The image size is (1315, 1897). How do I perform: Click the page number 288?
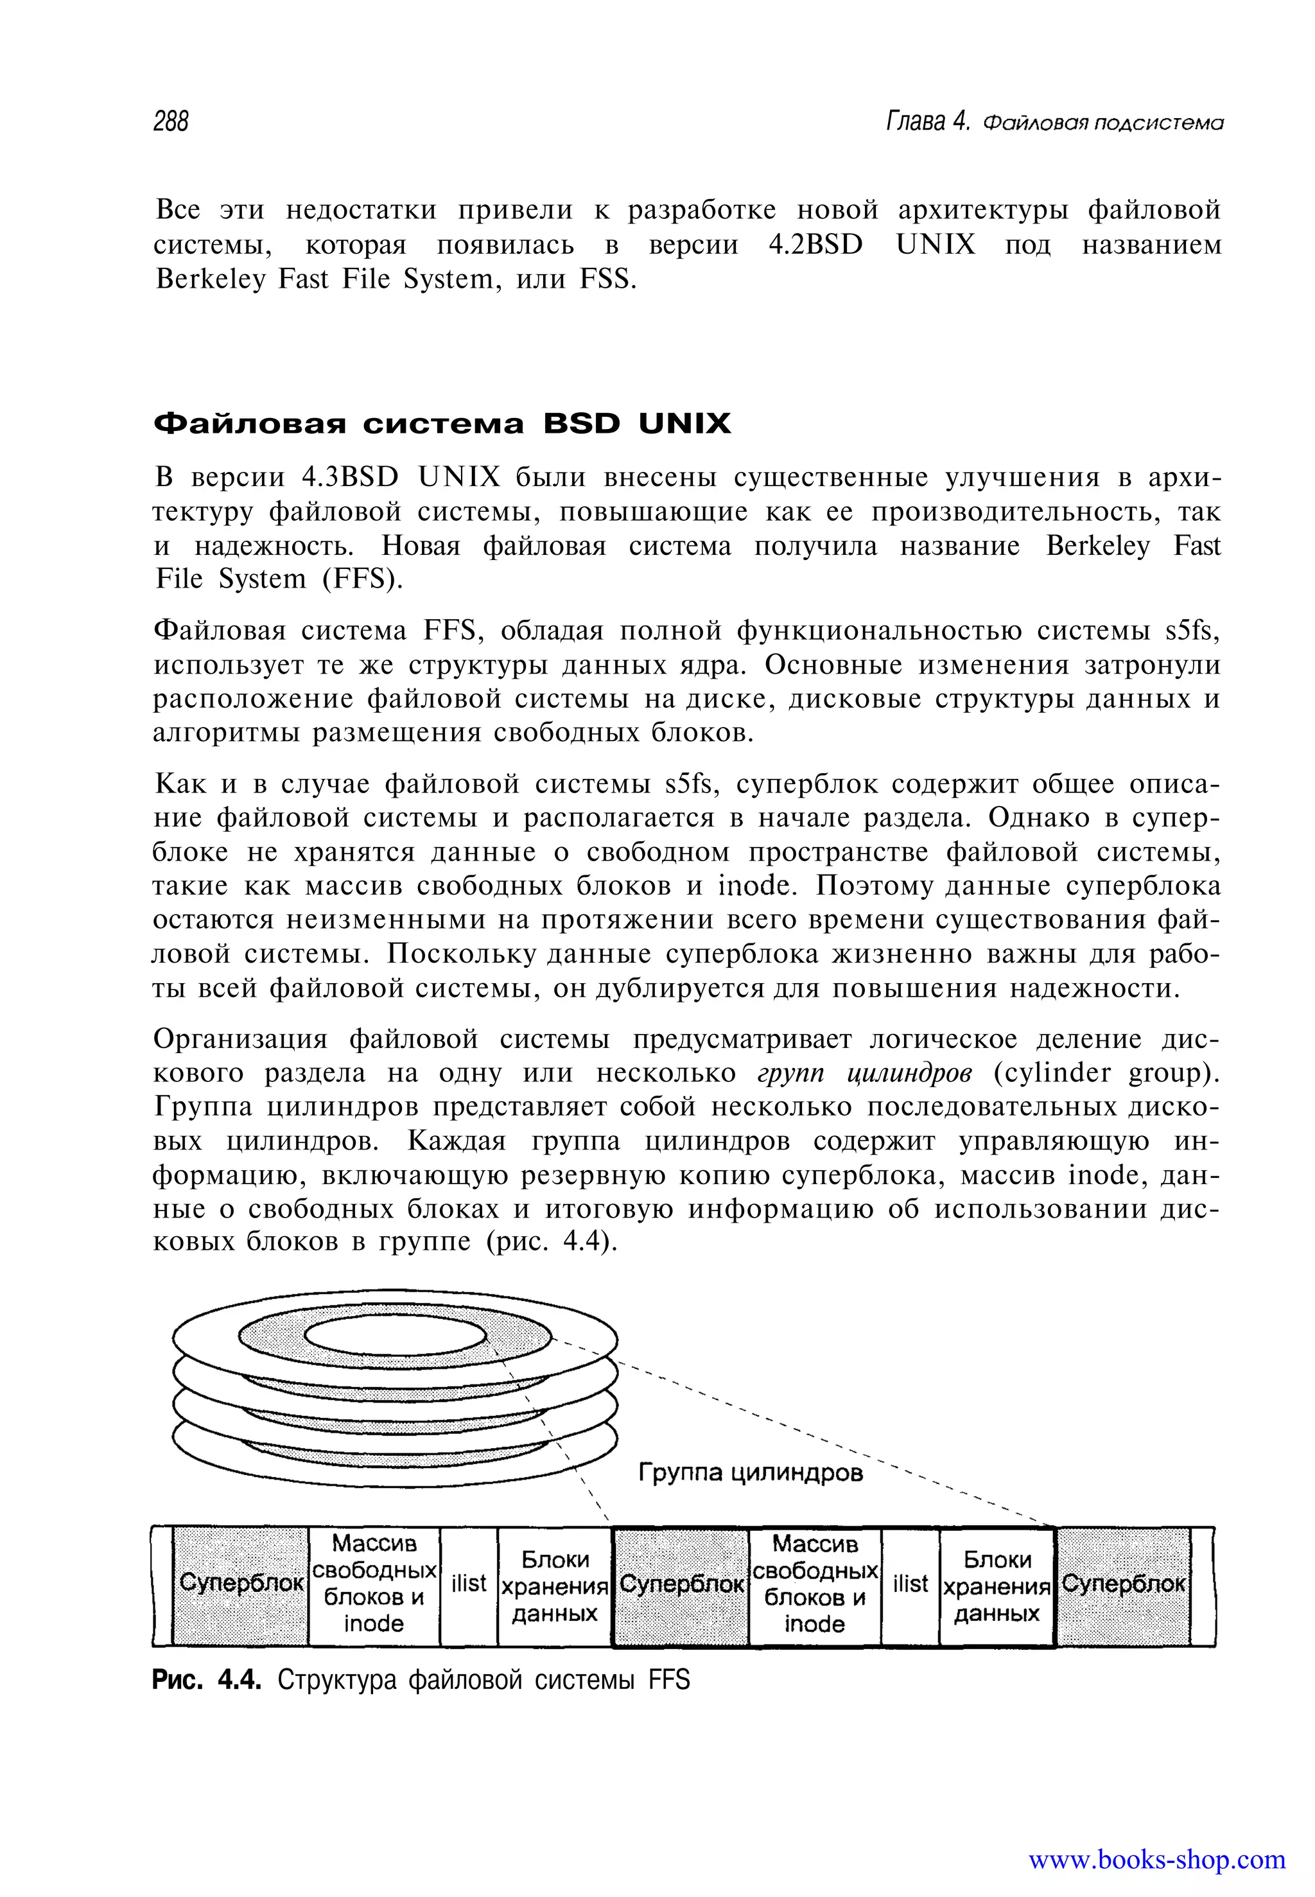pyautogui.click(x=171, y=122)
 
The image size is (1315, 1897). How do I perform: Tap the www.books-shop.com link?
pyautogui.click(x=1157, y=1859)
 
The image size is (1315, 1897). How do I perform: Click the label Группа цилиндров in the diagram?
pyautogui.click(x=751, y=1472)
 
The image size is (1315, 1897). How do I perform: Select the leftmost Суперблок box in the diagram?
pyautogui.click(x=241, y=1583)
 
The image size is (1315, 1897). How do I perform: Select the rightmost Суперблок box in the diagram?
pyautogui.click(x=1123, y=1583)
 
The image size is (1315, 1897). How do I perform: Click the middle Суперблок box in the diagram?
pyautogui.click(x=681, y=1583)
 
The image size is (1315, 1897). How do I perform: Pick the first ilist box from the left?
pyautogui.click(x=469, y=1583)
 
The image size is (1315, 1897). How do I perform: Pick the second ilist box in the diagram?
pyautogui.click(x=910, y=1583)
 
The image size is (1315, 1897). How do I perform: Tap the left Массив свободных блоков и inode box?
pyautogui.click(x=374, y=1583)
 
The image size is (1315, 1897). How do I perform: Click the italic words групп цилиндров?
pyautogui.click(x=864, y=1073)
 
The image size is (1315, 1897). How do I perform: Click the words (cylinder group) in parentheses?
pyautogui.click(x=1106, y=1073)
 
